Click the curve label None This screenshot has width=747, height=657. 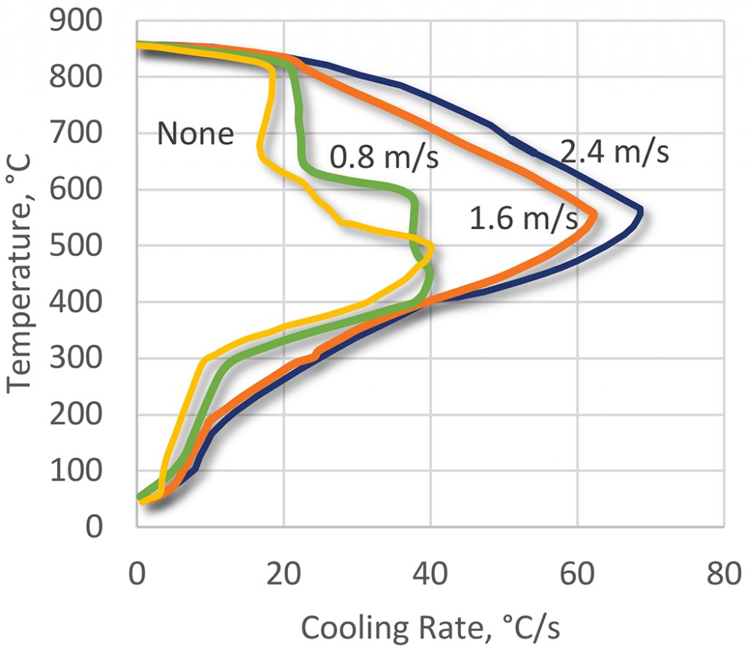click(x=196, y=134)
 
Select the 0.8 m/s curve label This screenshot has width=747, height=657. click(x=384, y=158)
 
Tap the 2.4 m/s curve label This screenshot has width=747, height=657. click(x=614, y=153)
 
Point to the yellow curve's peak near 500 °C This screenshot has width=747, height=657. click(x=432, y=249)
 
